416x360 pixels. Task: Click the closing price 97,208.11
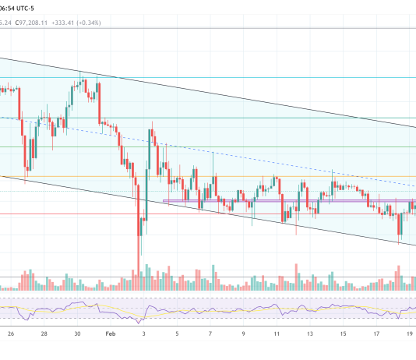[x=42, y=23]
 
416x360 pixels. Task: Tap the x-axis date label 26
[x=11, y=334]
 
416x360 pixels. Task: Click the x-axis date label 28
[x=44, y=334]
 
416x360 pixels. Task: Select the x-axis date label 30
[x=78, y=334]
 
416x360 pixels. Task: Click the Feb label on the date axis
[x=111, y=334]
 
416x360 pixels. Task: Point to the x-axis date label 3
[x=145, y=334]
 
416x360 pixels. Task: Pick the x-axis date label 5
[x=178, y=334]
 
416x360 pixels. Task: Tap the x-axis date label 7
[x=211, y=334]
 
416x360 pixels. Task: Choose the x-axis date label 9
[x=245, y=334]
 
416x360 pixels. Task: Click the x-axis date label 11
[x=277, y=334]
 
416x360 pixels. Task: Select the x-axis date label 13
[x=311, y=334]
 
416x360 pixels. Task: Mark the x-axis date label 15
[x=344, y=334]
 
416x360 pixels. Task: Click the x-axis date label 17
[x=377, y=334]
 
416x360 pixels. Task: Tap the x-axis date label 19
[x=410, y=334]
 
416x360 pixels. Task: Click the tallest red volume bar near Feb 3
[x=139, y=265]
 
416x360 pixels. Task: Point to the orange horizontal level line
[x=234, y=176]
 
